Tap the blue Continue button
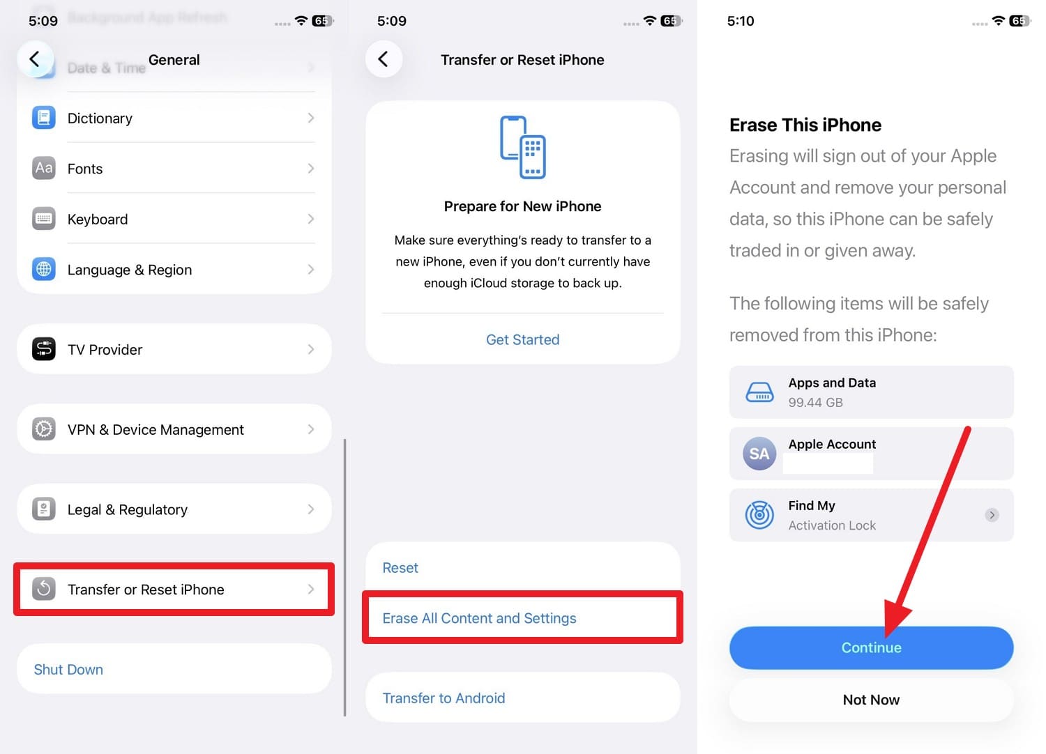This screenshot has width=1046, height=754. click(871, 647)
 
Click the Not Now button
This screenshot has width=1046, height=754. click(871, 700)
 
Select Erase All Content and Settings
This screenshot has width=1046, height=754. click(479, 618)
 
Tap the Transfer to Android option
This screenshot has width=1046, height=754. click(444, 698)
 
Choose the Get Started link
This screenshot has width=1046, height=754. click(522, 339)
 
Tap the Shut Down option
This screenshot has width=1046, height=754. click(68, 670)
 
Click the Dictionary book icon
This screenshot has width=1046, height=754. click(44, 118)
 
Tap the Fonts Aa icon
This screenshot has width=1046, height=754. click(44, 168)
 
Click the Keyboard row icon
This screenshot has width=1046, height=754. click(44, 219)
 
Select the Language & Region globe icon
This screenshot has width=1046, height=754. click(44, 269)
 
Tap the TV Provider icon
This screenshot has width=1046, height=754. click(44, 348)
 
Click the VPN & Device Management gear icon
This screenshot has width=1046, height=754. click(44, 429)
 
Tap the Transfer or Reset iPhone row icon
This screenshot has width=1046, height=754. click(44, 589)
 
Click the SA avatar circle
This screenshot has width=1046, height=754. click(759, 454)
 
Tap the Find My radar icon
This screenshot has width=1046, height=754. click(759, 515)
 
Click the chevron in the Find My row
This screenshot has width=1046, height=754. click(992, 515)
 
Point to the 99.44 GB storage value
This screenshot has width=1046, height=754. click(815, 402)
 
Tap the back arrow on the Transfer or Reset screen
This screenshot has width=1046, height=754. click(384, 59)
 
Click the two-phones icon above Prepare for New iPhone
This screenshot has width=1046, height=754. click(523, 147)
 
